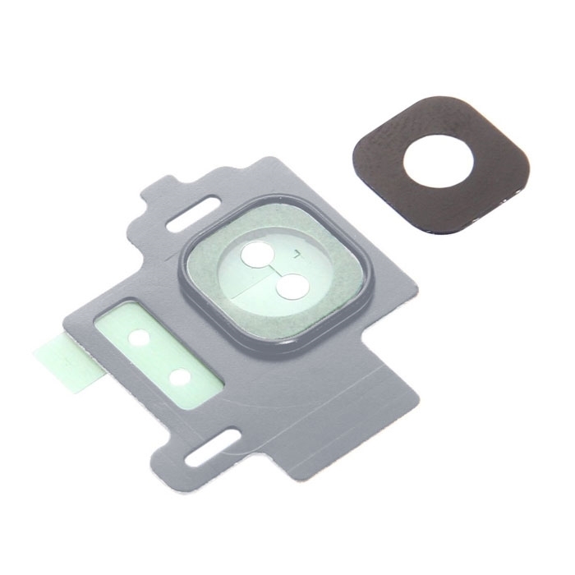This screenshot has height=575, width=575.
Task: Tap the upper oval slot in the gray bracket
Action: [x=191, y=221]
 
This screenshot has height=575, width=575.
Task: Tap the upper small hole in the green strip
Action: [x=140, y=337]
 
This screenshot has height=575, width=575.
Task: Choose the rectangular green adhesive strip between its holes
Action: [x=160, y=356]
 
